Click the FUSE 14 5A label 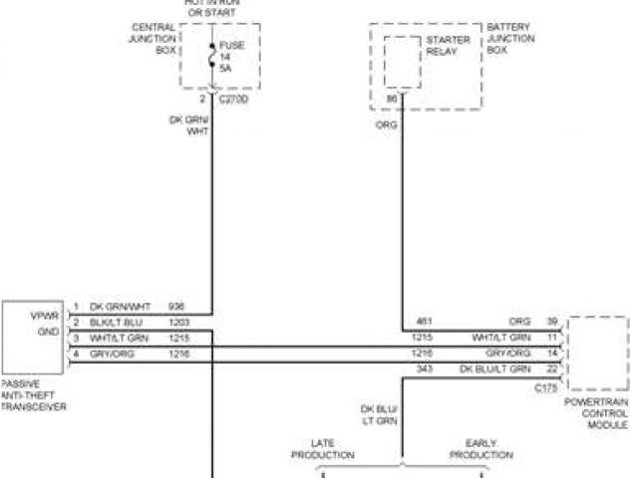point(233,57)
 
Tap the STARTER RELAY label point(441,46)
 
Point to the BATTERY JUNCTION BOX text point(510,38)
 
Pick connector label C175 point(546,385)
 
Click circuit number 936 point(176,307)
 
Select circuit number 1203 point(178,324)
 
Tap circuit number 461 point(423,322)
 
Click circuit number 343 point(423,370)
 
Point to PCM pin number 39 point(550,322)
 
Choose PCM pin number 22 point(550,370)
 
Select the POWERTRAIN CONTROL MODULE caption point(596,412)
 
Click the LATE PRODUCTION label point(322,449)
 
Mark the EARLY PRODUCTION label point(480,449)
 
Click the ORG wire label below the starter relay point(384,126)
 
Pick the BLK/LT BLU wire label point(117,324)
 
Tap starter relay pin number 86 point(391,99)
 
